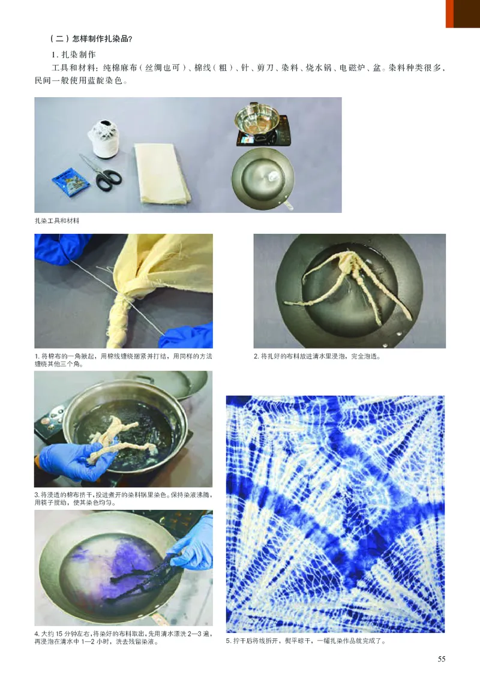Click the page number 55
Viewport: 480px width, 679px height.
[x=441, y=659]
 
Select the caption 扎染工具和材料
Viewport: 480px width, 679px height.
[x=57, y=221]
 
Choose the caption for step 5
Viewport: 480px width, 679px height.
[x=306, y=641]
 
